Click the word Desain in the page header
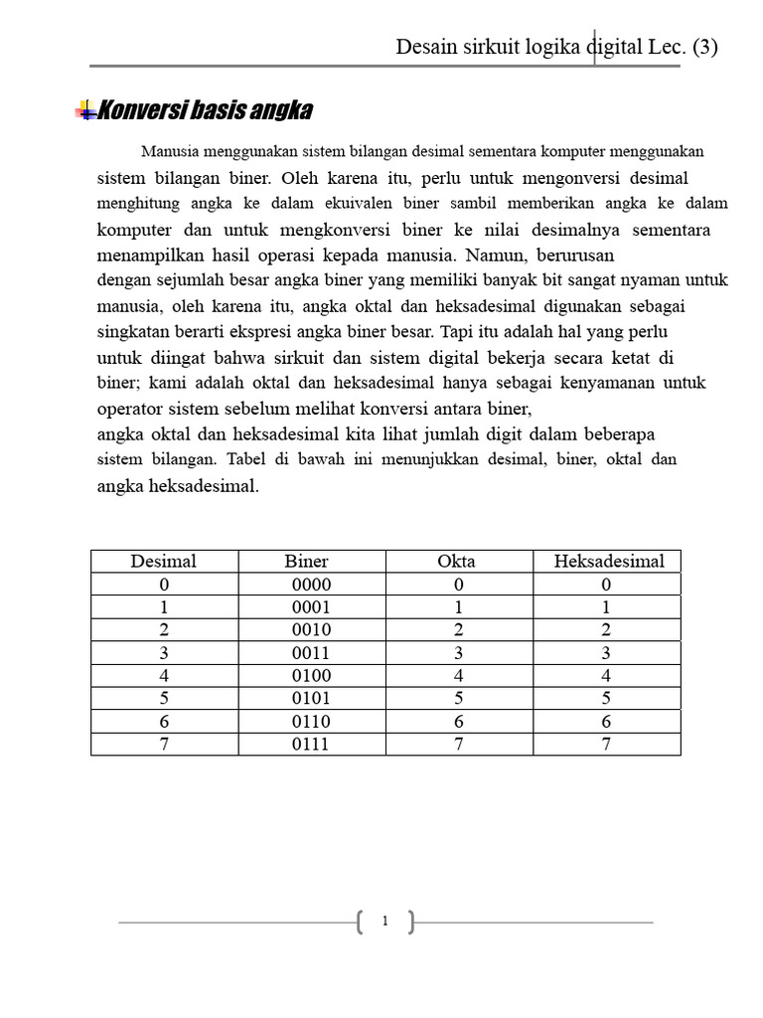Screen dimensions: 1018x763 426,47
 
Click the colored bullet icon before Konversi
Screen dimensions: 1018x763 85,110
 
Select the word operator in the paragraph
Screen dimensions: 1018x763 131,409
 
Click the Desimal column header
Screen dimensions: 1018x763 164,561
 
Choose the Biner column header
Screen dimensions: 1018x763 312,561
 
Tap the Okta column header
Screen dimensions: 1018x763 457,561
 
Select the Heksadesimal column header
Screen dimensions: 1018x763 608,561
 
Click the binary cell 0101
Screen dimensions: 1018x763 312,698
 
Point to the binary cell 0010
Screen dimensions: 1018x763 312,629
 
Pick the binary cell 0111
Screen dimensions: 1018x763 312,744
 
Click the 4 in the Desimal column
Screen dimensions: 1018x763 164,676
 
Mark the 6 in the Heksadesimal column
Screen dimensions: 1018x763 606,721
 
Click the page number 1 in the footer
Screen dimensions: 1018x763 384,923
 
